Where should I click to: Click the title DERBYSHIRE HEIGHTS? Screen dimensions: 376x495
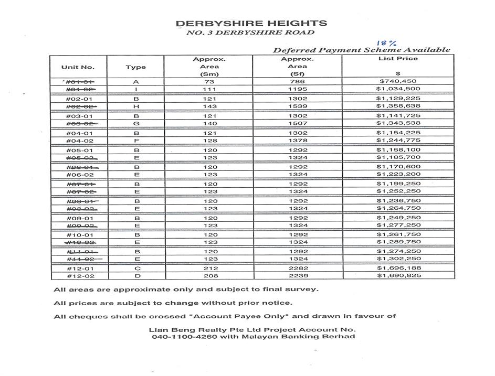[x=251, y=24]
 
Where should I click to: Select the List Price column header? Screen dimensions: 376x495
[x=398, y=59]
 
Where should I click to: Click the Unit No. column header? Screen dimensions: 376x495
[x=78, y=67]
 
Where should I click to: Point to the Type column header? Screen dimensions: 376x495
[x=135, y=67]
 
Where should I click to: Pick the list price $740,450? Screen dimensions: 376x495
[x=398, y=82]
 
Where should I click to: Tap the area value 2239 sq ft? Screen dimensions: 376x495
[x=297, y=276]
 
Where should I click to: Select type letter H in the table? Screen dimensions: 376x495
[x=135, y=106]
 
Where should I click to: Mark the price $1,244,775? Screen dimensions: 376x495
[x=398, y=141]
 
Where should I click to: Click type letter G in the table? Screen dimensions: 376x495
[x=135, y=124]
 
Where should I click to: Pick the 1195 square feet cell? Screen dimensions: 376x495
[x=297, y=90]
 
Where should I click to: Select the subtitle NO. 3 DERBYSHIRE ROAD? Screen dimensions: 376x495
[x=251, y=33]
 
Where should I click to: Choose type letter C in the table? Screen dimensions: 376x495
[x=135, y=268]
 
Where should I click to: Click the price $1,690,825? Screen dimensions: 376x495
[x=398, y=276]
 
